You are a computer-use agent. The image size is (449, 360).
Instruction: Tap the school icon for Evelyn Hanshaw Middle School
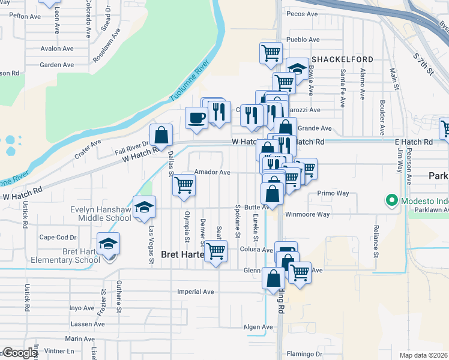[144, 207]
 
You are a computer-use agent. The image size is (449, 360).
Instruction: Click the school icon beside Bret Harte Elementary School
[109, 244]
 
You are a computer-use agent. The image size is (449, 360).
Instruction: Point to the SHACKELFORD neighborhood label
[342, 59]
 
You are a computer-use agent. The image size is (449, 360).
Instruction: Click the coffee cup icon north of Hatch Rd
[196, 117]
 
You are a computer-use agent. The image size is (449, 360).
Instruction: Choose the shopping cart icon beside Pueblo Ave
[271, 52]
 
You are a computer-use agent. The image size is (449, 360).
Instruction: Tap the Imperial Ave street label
[195, 292]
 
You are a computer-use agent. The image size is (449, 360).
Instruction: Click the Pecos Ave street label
[302, 14]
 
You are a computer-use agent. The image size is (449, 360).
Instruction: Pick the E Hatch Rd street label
[414, 142]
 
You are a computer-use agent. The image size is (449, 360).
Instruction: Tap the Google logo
[19, 353]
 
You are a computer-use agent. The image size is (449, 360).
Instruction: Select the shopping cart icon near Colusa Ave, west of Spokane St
[215, 251]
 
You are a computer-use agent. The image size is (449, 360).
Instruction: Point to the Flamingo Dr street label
[304, 353]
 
